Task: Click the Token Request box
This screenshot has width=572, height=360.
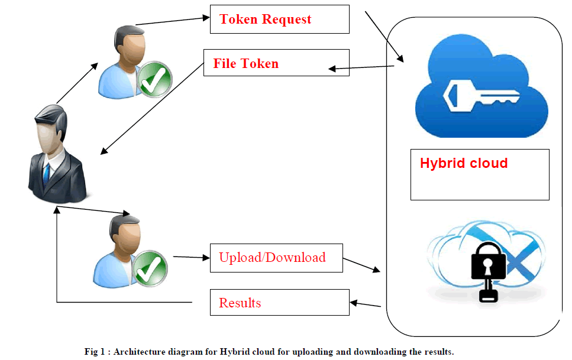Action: click(279, 20)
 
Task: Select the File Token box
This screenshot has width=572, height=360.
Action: click(276, 63)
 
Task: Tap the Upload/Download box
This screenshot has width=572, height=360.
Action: click(276, 258)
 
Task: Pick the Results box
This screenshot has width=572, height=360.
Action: click(280, 303)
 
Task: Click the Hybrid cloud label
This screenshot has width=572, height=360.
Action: click(464, 163)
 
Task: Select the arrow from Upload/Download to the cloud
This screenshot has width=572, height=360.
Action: click(361, 265)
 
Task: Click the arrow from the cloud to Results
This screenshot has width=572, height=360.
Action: click(365, 304)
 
